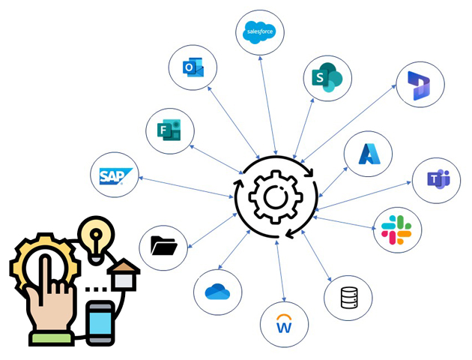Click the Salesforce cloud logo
tap(261, 31)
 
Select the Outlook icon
tap(193, 69)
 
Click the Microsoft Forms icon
tap(170, 130)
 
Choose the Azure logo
tap(369, 154)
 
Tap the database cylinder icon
tap(348, 298)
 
